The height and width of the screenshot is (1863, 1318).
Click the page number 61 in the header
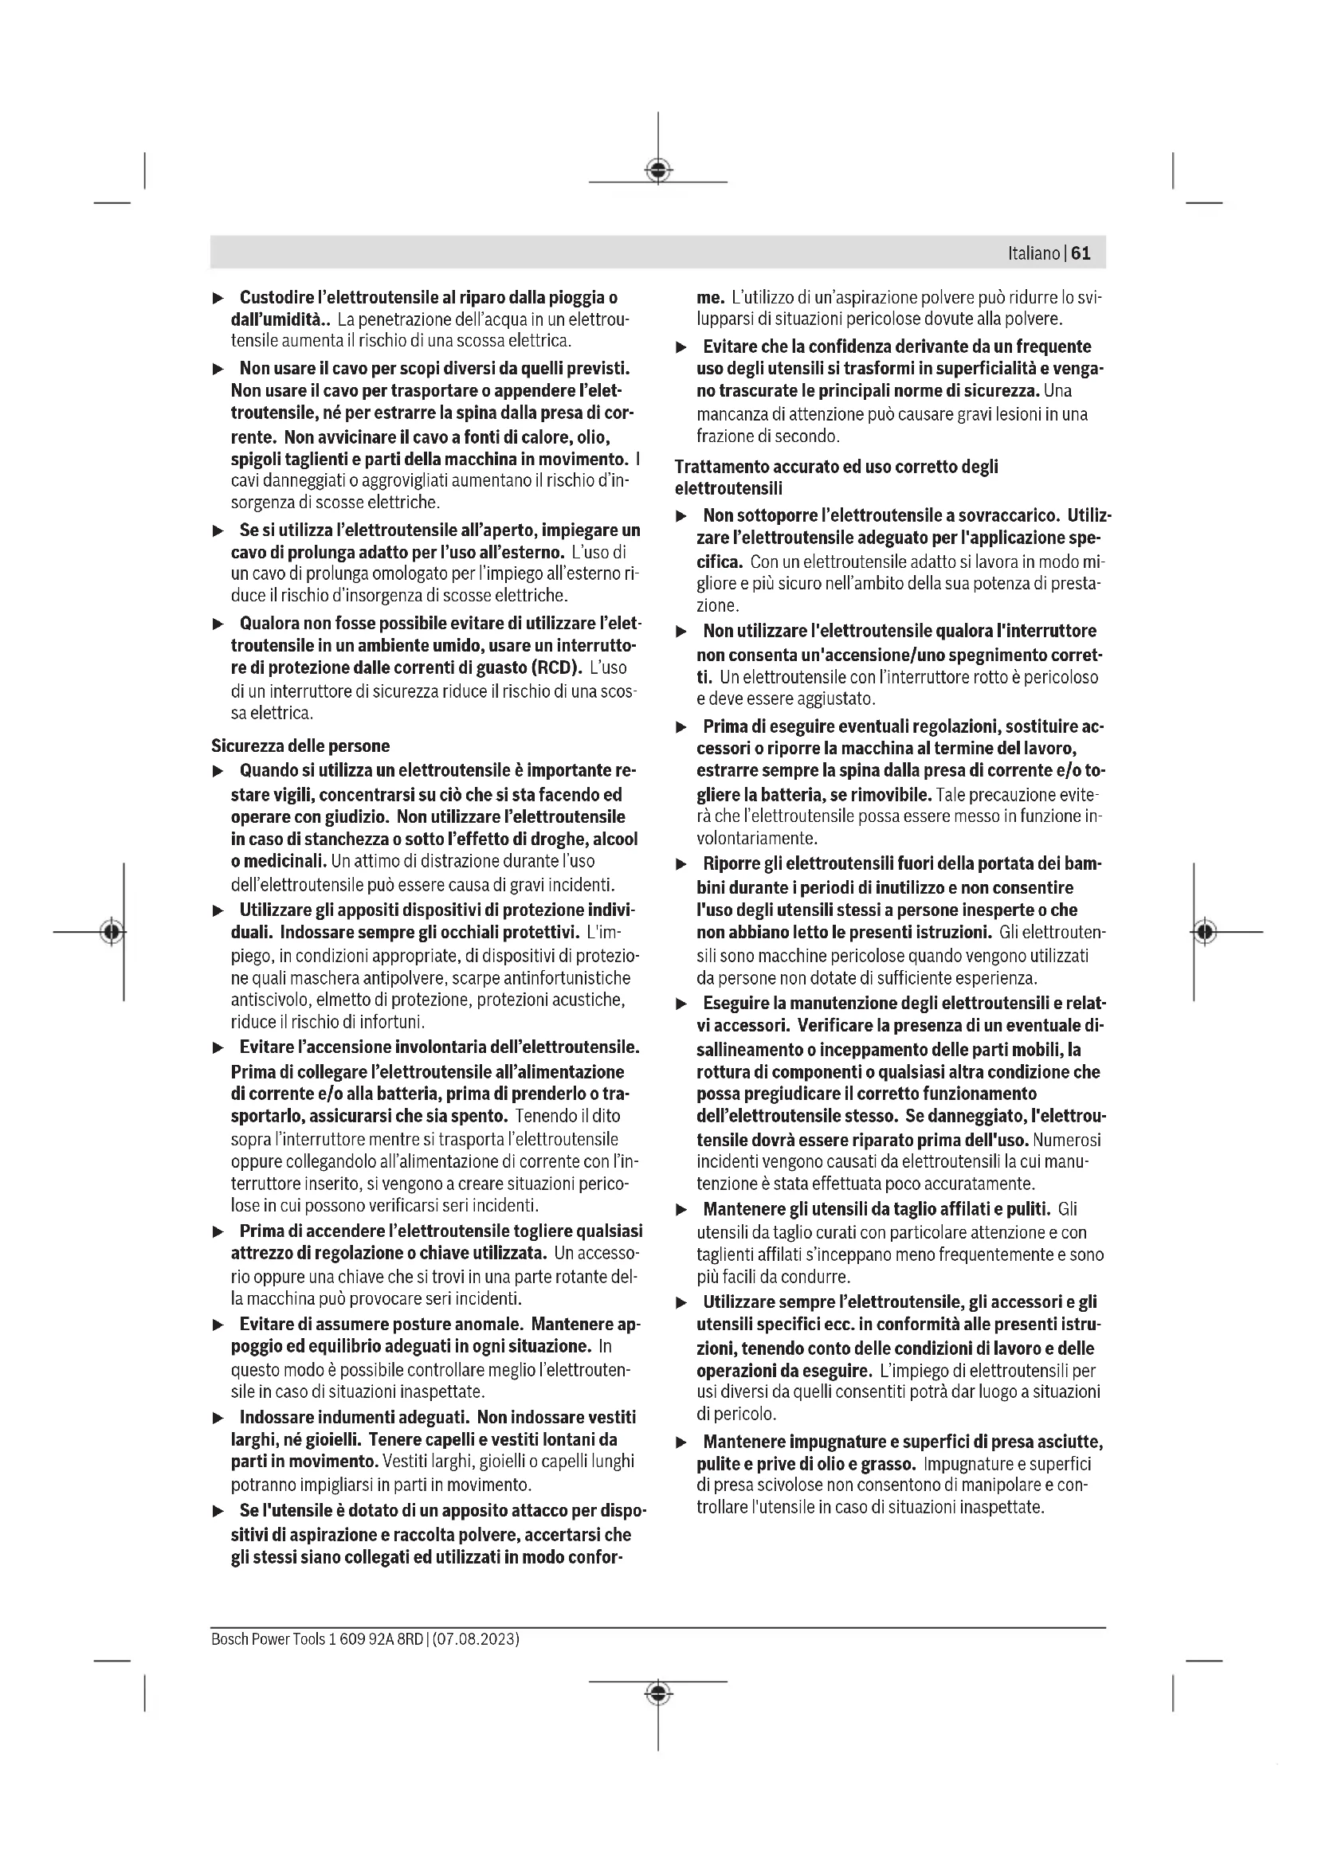(1081, 253)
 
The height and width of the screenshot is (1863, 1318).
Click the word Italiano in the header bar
(1034, 253)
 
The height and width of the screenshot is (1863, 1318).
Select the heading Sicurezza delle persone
(300, 746)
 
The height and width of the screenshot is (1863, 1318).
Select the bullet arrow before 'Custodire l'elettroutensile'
(218, 299)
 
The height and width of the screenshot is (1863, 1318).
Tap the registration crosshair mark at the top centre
(658, 170)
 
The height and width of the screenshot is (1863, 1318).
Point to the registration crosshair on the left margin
(113, 932)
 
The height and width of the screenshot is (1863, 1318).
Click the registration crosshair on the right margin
(1205, 932)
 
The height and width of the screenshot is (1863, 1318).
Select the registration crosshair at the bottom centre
(658, 1693)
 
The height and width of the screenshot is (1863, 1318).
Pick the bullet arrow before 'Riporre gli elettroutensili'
(682, 865)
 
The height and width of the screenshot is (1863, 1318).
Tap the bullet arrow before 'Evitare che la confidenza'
(682, 347)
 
